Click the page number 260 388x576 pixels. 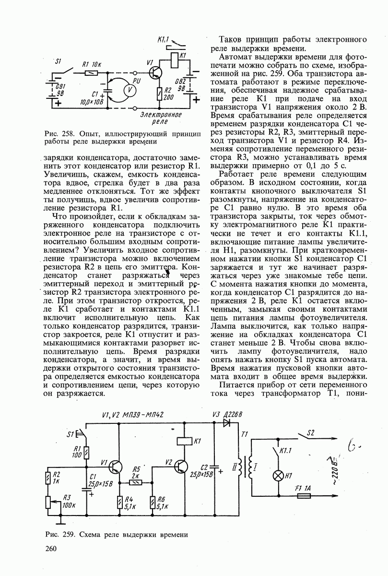coord(50,549)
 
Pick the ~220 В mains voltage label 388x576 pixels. coord(331,468)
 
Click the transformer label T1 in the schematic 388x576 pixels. coord(245,434)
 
